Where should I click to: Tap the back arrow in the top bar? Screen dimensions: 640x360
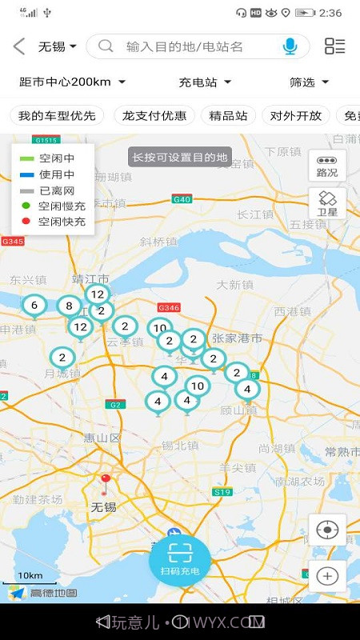pos(19,46)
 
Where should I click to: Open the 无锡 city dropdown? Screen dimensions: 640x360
pos(58,46)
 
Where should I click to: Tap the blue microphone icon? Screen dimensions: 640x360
pos(290,46)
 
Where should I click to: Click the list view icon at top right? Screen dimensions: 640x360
pos(334,46)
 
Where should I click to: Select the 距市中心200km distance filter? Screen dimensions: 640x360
pos(72,82)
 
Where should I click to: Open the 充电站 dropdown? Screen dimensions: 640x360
pos(205,82)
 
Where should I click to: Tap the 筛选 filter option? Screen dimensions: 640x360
pos(309,82)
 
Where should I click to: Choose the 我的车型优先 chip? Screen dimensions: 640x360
pos(57,115)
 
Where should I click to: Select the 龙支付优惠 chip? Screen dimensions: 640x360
pos(154,115)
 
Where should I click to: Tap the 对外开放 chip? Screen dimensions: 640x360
pos(296,115)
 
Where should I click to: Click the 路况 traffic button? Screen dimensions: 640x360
pos(327,166)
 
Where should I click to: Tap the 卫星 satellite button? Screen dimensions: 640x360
pos(327,203)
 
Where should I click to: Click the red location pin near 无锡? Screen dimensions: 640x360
pos(105,482)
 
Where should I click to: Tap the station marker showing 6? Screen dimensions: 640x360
pos(34,306)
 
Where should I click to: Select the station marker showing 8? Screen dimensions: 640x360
pos(69,306)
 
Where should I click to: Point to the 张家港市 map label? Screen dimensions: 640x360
pos(237,338)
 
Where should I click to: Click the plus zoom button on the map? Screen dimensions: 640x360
pos(327,575)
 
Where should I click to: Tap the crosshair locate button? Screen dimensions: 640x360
pos(327,530)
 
